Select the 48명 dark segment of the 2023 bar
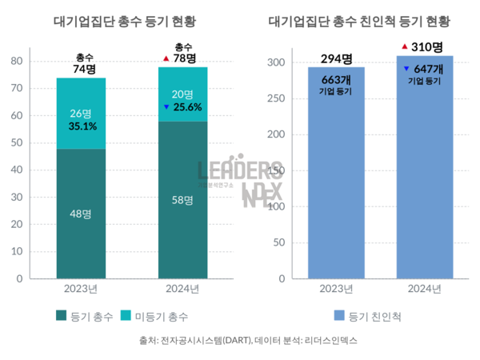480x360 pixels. pos(81,214)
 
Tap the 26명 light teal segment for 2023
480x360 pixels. pos(81,113)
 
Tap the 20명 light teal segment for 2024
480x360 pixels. pos(183,94)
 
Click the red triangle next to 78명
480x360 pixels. pos(165,58)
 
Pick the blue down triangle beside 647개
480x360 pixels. pos(406,70)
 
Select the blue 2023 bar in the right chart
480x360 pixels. pos(336,184)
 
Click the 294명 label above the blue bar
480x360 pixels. pos(336,58)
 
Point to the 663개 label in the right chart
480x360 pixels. pos(336,79)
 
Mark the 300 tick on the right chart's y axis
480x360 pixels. pos(275,62)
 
